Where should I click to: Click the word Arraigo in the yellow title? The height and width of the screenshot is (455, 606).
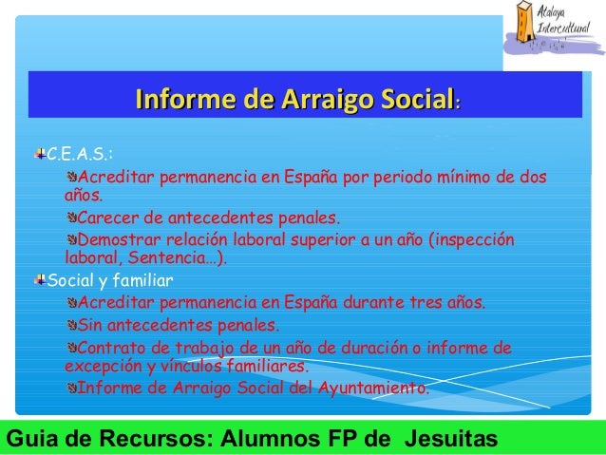pos(328,100)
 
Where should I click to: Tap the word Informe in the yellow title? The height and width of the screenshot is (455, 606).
pos(185,99)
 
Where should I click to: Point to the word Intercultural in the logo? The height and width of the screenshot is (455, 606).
pos(563,28)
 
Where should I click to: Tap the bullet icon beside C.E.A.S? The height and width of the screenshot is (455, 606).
pos(40,154)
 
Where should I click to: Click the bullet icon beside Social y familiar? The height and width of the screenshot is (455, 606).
pos(40,279)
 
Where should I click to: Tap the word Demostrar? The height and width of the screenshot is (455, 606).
pos(119,239)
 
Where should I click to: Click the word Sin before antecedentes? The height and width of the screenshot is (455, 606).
pos(89,325)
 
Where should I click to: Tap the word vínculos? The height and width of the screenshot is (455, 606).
pos(191,366)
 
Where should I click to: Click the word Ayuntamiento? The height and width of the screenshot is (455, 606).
pos(373,388)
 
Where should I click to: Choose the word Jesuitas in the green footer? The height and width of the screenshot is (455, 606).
pos(451,439)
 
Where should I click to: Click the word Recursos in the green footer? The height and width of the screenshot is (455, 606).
pos(156,439)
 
